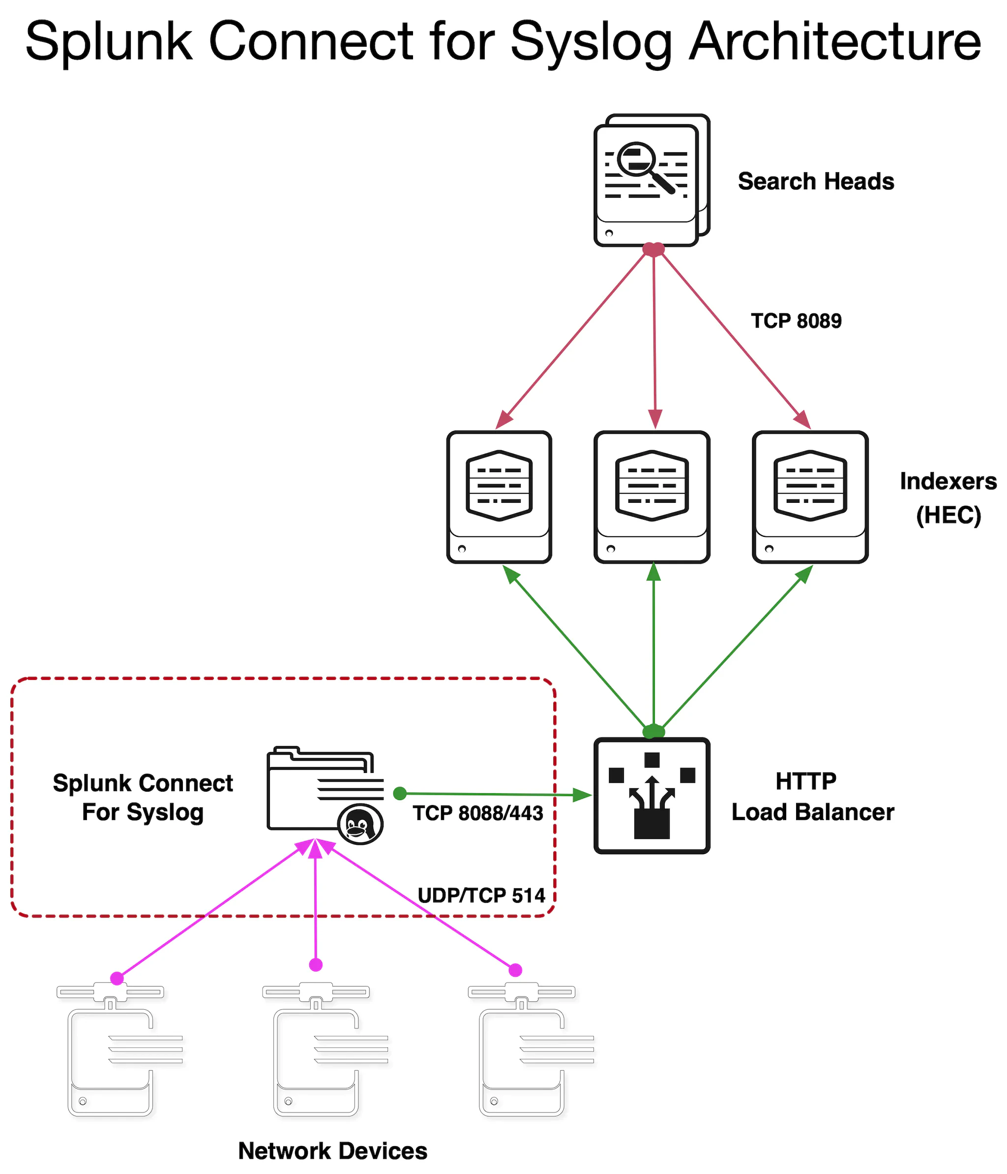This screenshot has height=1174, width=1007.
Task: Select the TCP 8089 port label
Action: (796, 321)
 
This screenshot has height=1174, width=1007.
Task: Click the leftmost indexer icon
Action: (499, 497)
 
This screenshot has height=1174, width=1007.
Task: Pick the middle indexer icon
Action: (652, 497)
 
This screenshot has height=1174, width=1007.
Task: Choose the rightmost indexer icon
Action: (810, 497)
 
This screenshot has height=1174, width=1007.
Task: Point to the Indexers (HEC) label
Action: (948, 498)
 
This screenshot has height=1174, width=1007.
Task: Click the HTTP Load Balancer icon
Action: (652, 796)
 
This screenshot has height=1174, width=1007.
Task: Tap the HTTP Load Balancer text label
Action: (812, 797)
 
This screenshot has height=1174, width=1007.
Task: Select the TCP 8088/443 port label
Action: (478, 813)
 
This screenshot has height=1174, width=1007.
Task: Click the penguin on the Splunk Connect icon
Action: (359, 824)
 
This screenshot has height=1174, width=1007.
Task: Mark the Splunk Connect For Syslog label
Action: (143, 797)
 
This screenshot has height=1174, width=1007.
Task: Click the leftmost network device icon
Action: (111, 1054)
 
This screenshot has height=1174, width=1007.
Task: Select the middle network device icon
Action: (317, 1054)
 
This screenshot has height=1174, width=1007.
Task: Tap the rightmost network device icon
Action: (522, 1054)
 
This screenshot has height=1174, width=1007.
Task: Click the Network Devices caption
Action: (332, 1151)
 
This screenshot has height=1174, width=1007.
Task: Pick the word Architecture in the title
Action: (835, 42)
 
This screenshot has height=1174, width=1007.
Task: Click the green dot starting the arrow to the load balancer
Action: (400, 793)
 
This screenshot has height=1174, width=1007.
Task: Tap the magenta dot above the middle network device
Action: (316, 965)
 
